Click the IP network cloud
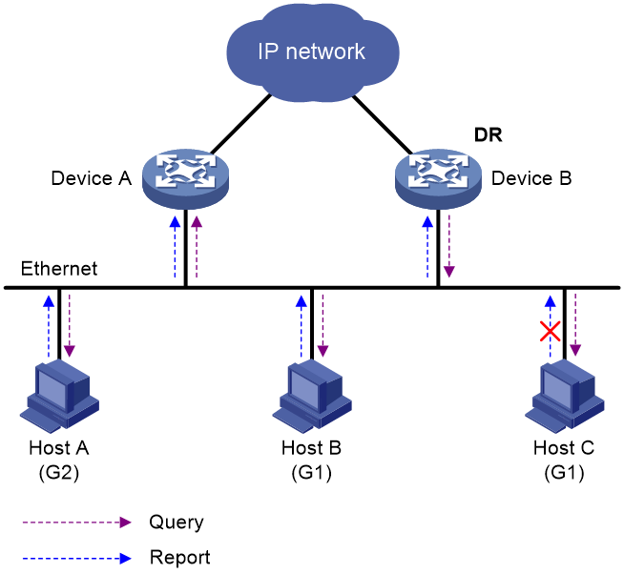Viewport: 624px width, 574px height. click(x=312, y=51)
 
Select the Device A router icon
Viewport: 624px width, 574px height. click(x=185, y=178)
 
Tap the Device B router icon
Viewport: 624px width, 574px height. click(x=438, y=178)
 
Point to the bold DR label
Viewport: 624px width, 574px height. click(x=488, y=134)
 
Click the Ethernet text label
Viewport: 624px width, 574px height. click(x=59, y=269)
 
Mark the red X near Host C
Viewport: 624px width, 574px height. click(x=550, y=332)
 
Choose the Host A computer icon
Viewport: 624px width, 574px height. click(x=59, y=396)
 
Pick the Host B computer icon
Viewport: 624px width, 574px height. click(x=312, y=396)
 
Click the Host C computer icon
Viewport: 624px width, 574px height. click(x=564, y=396)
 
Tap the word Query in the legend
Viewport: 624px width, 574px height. click(x=177, y=523)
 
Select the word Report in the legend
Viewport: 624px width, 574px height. click(x=180, y=557)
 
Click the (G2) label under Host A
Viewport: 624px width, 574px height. click(x=59, y=473)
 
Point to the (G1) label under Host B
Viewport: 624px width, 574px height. click(x=312, y=473)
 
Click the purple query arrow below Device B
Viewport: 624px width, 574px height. click(x=448, y=246)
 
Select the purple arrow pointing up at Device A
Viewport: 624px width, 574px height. click(x=197, y=247)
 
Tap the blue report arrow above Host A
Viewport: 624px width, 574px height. click(x=49, y=326)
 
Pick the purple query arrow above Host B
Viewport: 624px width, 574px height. click(x=322, y=325)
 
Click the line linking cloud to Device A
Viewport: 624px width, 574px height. click(x=240, y=124)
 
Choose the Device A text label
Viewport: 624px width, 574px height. click(x=92, y=178)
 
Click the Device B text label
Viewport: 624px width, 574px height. click(x=531, y=178)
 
